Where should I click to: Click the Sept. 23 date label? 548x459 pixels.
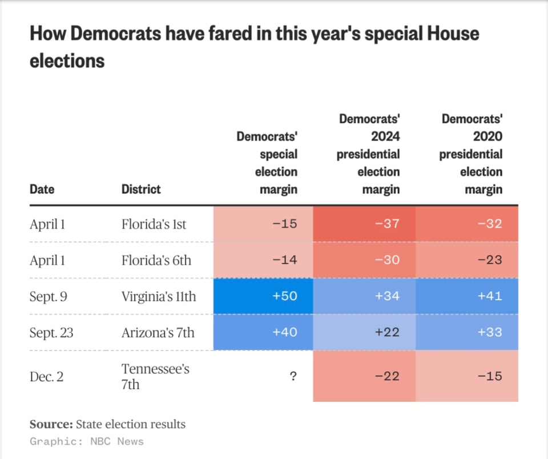click(x=51, y=332)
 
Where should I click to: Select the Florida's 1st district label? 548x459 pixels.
click(x=154, y=224)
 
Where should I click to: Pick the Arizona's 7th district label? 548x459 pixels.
click(x=158, y=332)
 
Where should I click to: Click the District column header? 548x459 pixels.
click(x=141, y=189)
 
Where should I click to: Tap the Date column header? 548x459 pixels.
click(x=42, y=189)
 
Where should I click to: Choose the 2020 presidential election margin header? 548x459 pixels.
click(x=472, y=154)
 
